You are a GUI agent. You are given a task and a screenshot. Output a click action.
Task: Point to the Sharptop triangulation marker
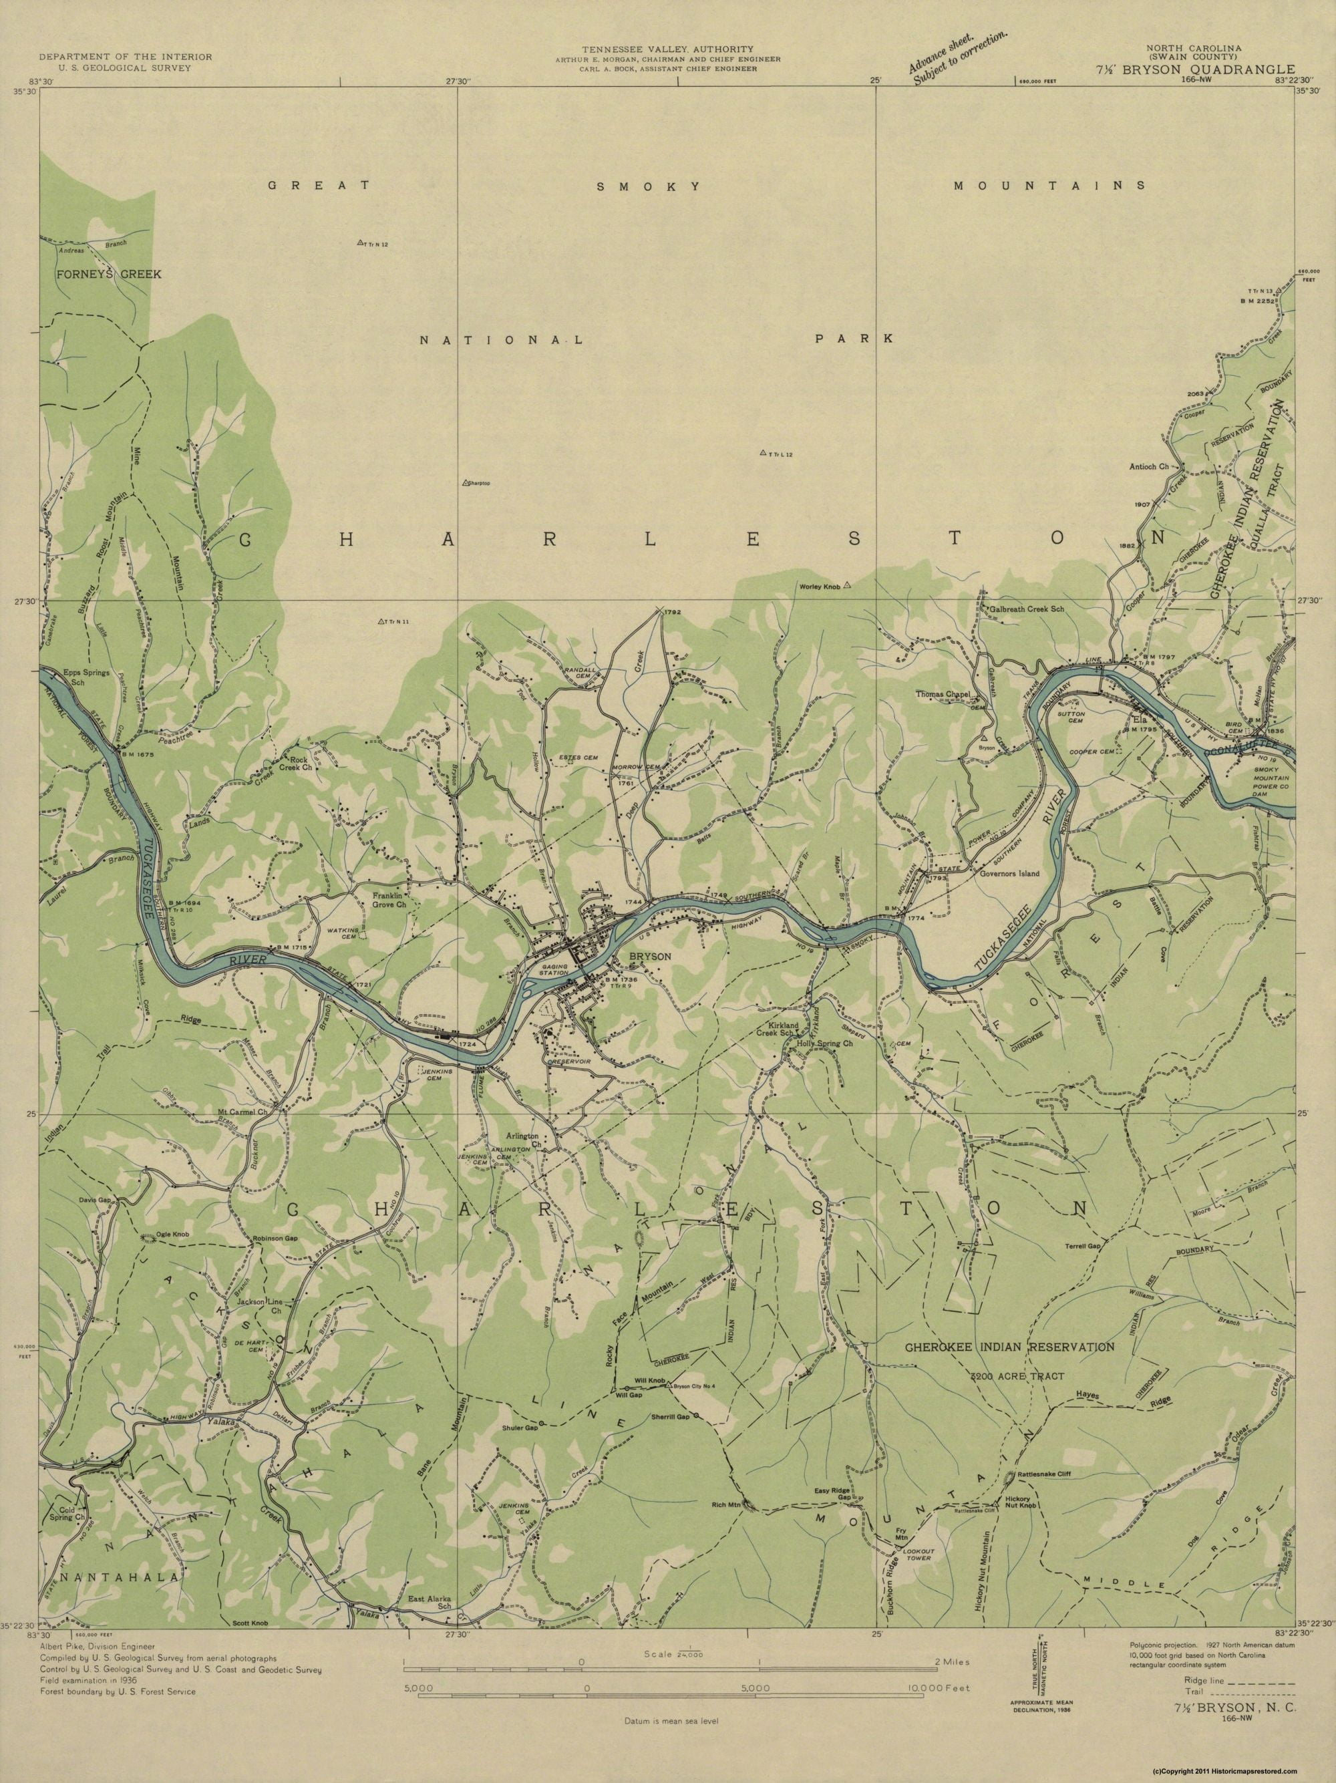[x=465, y=483]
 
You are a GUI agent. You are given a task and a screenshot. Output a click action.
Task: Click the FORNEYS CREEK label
[x=110, y=274]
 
